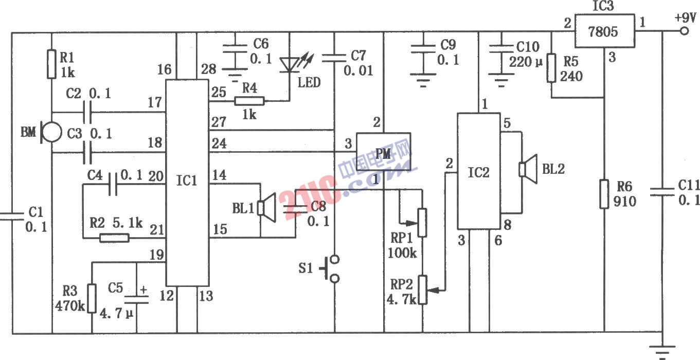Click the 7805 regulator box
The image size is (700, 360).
[x=605, y=31]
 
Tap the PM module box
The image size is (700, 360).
[x=384, y=152]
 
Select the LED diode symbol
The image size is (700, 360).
[x=290, y=65]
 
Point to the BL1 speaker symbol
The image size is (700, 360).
[x=266, y=208]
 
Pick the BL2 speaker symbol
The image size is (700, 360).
[x=528, y=169]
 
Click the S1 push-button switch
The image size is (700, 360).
[x=331, y=269]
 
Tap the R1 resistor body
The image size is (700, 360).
[x=51, y=64]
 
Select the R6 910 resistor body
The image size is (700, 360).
[x=604, y=194]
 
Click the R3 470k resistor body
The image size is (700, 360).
[x=92, y=298]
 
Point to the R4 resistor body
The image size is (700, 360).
[x=249, y=101]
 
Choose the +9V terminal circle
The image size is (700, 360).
[x=685, y=31]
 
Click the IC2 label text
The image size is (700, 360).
[x=478, y=172]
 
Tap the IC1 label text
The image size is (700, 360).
[x=187, y=181]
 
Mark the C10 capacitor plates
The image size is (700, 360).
[x=501, y=49]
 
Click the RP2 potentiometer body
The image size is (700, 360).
[x=422, y=290]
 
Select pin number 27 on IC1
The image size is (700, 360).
[x=219, y=122]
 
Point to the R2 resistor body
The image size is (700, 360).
[x=114, y=238]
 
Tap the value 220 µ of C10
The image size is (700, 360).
[x=526, y=62]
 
